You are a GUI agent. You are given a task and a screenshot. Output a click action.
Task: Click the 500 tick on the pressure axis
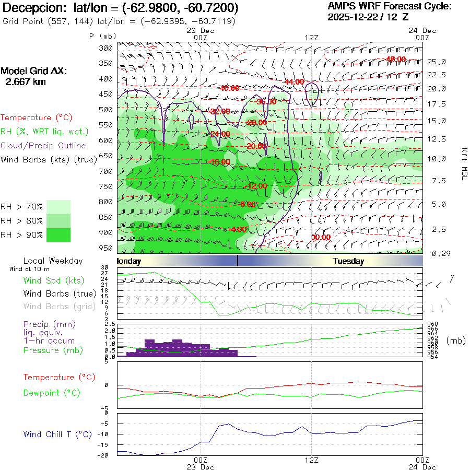click(106, 110)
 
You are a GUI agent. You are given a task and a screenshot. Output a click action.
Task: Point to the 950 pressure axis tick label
click(106, 248)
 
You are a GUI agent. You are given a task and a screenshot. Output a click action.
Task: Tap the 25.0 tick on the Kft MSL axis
click(437, 62)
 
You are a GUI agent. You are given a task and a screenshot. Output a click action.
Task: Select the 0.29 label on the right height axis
click(437, 253)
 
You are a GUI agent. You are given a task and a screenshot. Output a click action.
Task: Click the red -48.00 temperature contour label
click(396, 59)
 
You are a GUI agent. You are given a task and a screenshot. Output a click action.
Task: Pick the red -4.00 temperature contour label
click(238, 229)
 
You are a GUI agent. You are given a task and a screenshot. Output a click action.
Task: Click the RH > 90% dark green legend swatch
click(58, 235)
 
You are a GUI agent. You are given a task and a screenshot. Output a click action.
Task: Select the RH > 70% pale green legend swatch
click(58, 206)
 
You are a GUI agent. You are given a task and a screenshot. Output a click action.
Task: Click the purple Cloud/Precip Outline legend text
click(43, 146)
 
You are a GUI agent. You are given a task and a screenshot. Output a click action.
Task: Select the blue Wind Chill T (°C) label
click(57, 434)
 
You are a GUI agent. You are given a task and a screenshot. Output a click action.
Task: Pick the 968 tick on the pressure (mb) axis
click(432, 324)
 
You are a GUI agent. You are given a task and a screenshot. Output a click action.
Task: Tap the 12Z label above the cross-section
click(311, 37)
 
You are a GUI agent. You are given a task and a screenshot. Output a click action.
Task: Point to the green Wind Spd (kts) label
click(53, 280)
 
